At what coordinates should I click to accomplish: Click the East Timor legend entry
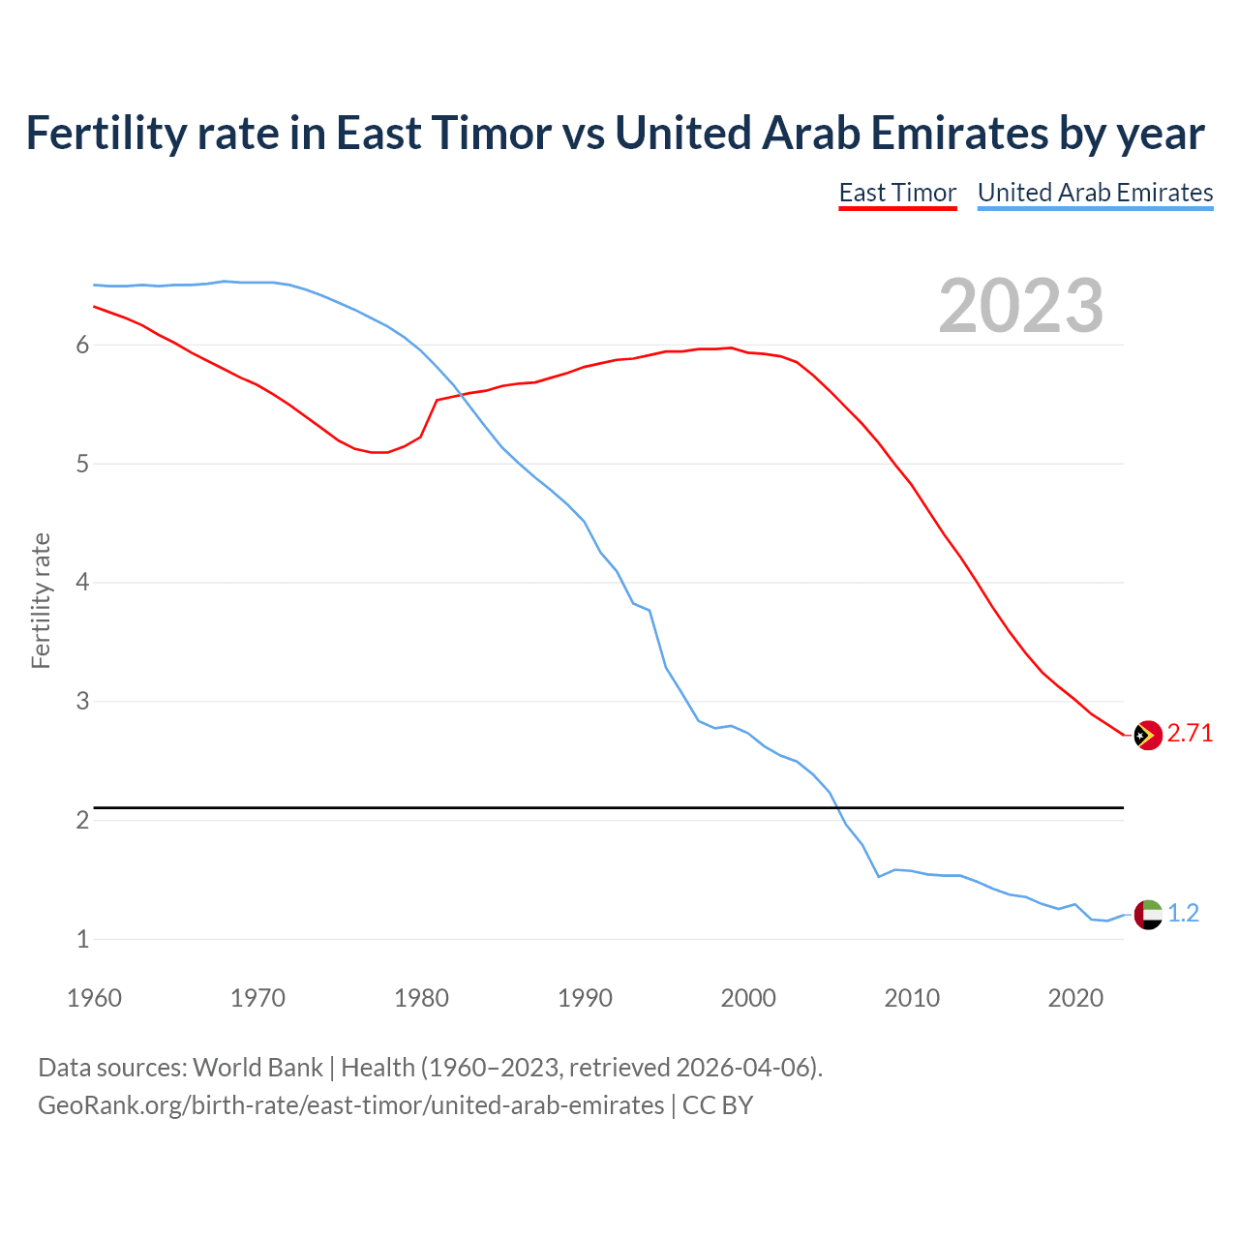point(897,193)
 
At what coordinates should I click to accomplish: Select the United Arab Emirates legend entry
point(1095,193)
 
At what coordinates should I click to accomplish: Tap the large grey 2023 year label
point(1021,306)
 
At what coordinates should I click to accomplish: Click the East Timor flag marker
point(1147,736)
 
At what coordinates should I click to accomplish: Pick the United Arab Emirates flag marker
point(1147,914)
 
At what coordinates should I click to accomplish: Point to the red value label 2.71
point(1190,734)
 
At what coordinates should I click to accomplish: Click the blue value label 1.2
point(1183,913)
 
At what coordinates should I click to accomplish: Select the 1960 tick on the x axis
point(94,998)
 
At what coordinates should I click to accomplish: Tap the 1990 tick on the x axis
point(585,998)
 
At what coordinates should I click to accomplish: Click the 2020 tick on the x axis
point(1075,998)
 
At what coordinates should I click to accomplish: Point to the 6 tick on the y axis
point(82,346)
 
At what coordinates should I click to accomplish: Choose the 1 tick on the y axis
point(82,939)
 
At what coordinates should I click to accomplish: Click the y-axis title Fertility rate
point(41,600)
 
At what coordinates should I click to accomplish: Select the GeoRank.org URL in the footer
point(350,1105)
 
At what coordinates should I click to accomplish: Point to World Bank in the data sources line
point(257,1068)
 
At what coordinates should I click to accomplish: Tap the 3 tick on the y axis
point(82,701)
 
